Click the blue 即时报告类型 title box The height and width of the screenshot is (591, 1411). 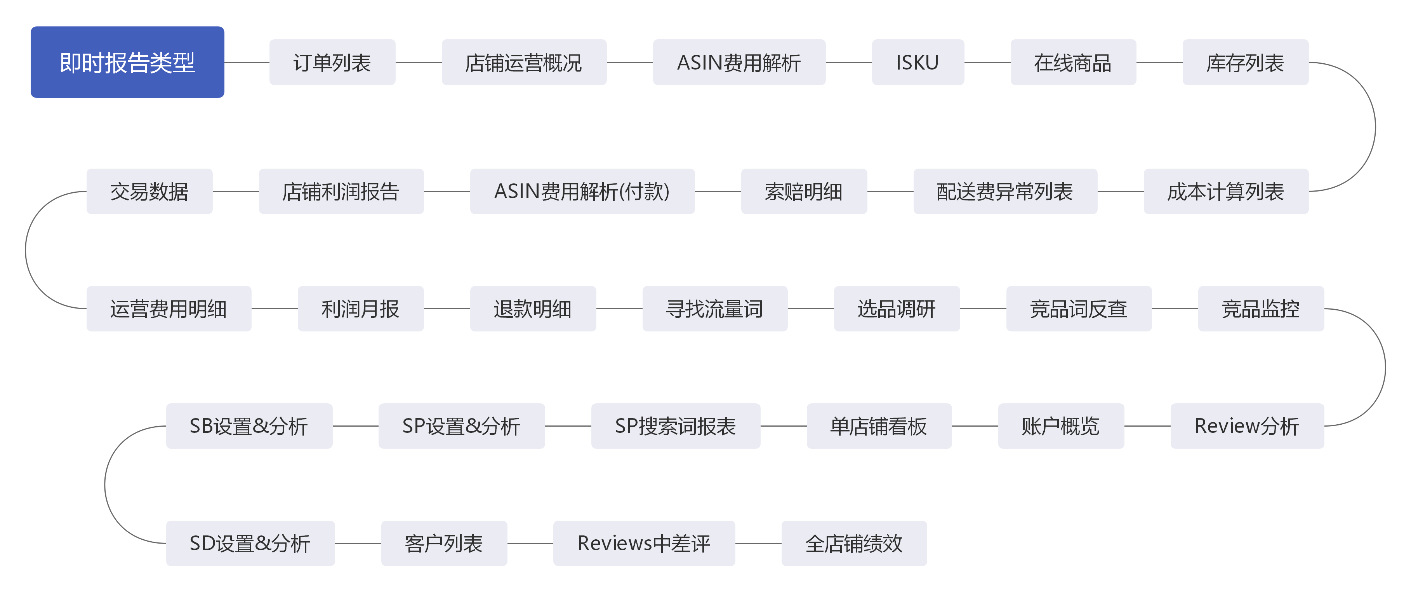[127, 62]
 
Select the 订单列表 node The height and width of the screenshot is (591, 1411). [332, 62]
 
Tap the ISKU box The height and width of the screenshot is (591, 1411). [917, 62]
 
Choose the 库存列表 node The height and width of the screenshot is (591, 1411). [1245, 62]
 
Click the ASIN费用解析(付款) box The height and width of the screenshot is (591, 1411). [582, 191]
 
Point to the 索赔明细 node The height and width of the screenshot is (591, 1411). [804, 191]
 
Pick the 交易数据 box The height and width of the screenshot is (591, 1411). [149, 191]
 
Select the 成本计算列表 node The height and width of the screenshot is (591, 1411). [1226, 191]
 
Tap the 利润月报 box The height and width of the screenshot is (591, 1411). [360, 309]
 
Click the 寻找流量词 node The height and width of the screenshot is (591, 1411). [715, 309]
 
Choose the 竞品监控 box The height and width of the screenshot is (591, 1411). [1261, 309]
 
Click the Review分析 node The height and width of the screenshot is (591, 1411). [1247, 426]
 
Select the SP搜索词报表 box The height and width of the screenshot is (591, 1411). [675, 426]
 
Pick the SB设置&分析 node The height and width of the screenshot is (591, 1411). [249, 426]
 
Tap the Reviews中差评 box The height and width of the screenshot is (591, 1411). [644, 543]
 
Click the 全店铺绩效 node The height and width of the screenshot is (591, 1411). [854, 543]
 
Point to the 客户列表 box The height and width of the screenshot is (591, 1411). [444, 543]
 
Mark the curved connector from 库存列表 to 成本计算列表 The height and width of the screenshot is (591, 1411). [1375, 127]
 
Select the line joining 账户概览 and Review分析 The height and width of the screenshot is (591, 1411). [1147, 426]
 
